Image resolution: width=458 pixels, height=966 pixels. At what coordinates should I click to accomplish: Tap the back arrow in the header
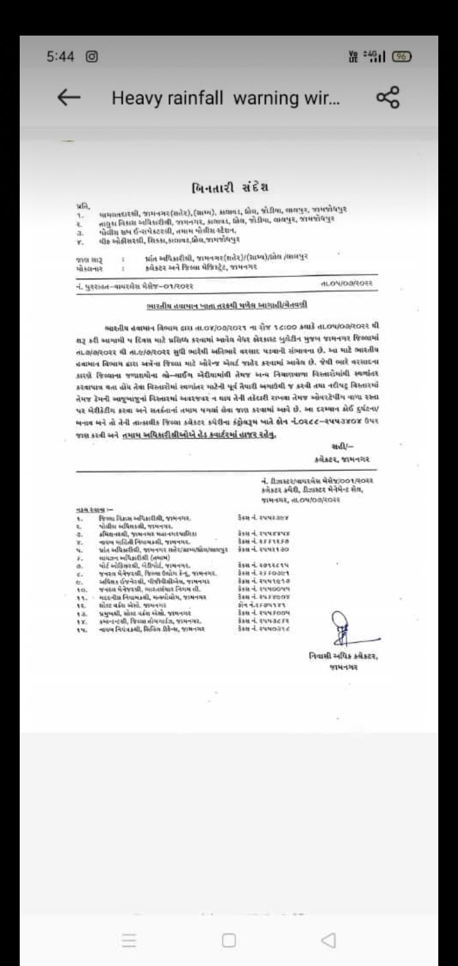(69, 97)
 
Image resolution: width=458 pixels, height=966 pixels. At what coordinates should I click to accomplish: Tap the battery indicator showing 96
(403, 55)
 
